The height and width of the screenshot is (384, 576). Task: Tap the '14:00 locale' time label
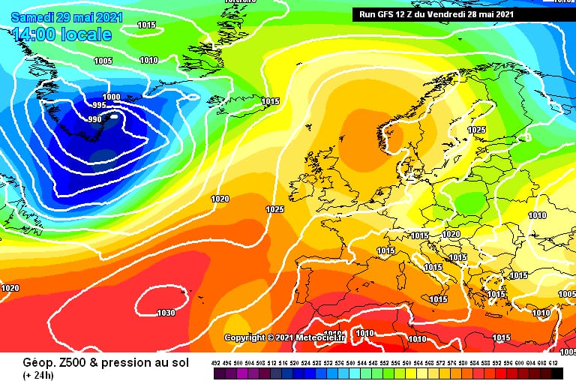click(x=62, y=34)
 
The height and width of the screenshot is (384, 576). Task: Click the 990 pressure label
click(x=94, y=119)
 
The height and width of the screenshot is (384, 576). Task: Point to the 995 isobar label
click(x=99, y=106)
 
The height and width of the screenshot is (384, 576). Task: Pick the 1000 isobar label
click(x=111, y=97)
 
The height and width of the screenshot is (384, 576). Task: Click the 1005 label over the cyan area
click(x=103, y=61)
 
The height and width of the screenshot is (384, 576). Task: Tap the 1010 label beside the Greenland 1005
click(x=148, y=60)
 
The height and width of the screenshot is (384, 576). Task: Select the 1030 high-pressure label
click(x=165, y=313)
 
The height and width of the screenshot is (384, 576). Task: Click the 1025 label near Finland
click(x=476, y=130)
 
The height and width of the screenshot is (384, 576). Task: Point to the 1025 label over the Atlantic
click(x=275, y=209)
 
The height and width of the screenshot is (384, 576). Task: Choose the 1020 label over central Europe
click(x=451, y=235)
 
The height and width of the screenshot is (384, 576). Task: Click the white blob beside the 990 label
click(x=113, y=117)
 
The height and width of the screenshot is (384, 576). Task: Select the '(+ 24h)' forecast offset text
click(x=37, y=375)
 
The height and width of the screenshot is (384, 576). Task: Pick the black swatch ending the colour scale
click(x=557, y=373)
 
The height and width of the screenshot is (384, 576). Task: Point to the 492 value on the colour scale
click(x=217, y=363)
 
